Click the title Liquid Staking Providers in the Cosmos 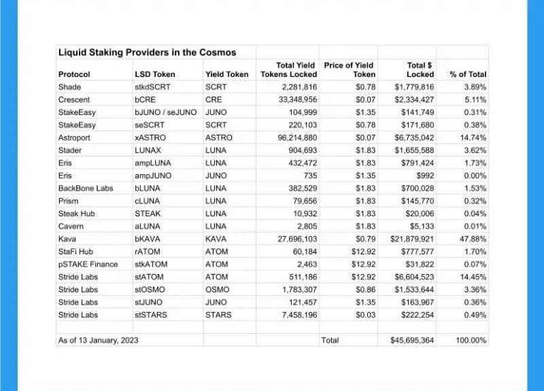point(147,52)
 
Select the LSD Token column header point(154,74)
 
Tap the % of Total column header point(468,74)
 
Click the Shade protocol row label point(69,87)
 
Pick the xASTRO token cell point(150,137)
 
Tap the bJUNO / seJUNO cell point(166,112)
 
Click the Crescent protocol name point(74,99)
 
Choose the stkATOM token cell point(153,265)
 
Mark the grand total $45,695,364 point(409,340)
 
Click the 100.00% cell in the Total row point(470,340)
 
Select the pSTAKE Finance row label point(88,265)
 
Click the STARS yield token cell point(218,315)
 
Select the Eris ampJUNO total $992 point(423,175)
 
